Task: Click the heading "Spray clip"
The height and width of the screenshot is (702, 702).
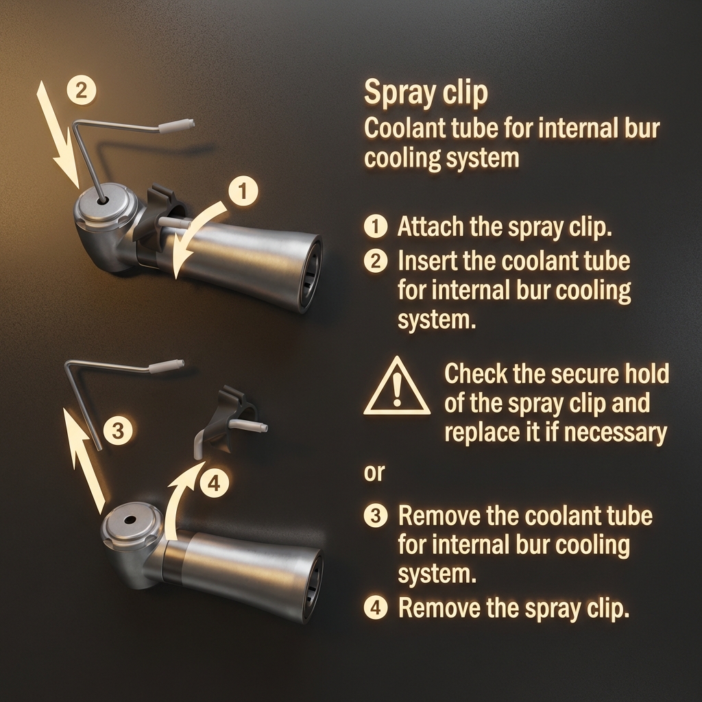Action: click(x=426, y=93)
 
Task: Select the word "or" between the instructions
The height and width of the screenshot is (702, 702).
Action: click(x=374, y=473)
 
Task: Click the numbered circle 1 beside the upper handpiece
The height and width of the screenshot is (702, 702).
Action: click(x=243, y=191)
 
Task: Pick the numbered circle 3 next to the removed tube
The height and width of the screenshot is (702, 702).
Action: click(x=118, y=431)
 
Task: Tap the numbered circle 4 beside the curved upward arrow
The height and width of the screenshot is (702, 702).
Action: click(x=214, y=483)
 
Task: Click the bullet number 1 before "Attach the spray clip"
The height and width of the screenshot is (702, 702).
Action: click(x=376, y=226)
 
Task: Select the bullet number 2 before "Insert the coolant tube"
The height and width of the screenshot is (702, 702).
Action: click(x=376, y=261)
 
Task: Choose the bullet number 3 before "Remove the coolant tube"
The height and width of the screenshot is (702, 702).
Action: click(x=376, y=516)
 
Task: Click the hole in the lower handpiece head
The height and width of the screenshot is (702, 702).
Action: click(x=130, y=520)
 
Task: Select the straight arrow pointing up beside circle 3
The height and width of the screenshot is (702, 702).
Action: click(x=84, y=461)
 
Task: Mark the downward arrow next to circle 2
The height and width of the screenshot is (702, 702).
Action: click(x=58, y=134)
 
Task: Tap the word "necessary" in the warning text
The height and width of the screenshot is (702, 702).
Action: click(x=615, y=433)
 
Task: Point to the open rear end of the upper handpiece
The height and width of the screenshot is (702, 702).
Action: click(x=312, y=274)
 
